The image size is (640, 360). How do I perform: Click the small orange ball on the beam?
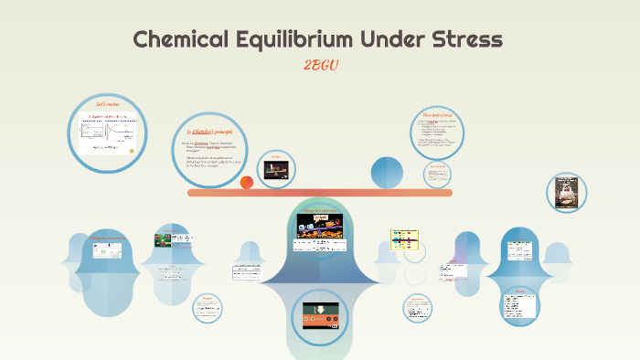click(247, 183)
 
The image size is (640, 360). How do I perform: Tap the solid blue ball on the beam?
click(386, 172)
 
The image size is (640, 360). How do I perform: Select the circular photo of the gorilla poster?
click(566, 196)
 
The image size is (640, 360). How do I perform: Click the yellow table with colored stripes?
click(404, 239)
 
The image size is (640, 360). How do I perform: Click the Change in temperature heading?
click(320, 211)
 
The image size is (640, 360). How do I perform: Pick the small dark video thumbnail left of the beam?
click(275, 168)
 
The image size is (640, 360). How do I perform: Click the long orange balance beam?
click(320, 193)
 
